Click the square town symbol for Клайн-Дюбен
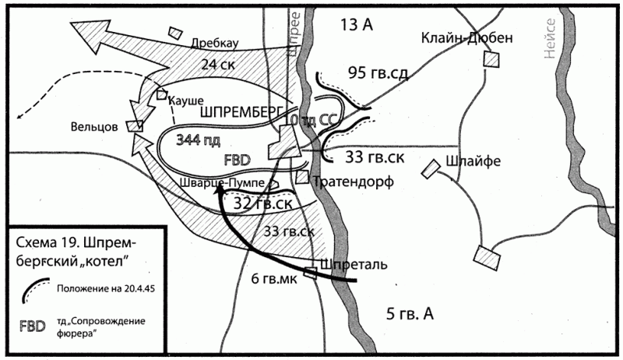pyautogui.click(x=491, y=59)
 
